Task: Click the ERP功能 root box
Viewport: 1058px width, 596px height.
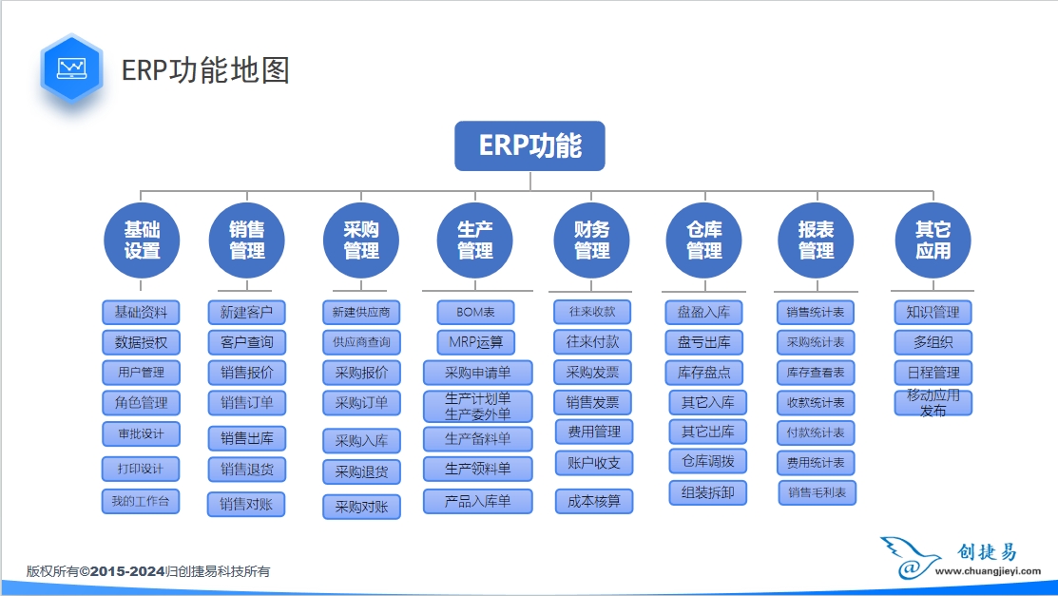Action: click(x=529, y=145)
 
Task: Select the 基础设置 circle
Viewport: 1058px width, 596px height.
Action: click(x=142, y=240)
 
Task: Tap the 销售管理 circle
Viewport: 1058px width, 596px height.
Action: click(x=247, y=240)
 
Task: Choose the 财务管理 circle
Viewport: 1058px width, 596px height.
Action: click(x=591, y=240)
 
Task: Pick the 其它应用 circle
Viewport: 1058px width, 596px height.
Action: click(x=933, y=240)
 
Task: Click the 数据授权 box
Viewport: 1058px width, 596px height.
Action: click(x=141, y=342)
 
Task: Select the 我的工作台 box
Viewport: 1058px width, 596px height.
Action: click(x=141, y=501)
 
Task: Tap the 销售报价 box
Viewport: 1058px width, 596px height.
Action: click(x=247, y=373)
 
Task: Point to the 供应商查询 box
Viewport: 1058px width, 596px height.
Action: click(x=361, y=342)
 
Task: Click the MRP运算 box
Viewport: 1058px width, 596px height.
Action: click(x=476, y=342)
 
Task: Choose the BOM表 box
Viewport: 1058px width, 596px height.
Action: click(x=476, y=312)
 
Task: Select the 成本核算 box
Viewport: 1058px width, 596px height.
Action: click(x=594, y=501)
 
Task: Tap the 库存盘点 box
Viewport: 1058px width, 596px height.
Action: click(x=704, y=372)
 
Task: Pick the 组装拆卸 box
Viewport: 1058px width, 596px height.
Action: click(x=707, y=492)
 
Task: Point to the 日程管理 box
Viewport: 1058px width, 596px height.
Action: click(x=933, y=372)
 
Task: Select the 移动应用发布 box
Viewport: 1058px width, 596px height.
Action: click(x=933, y=403)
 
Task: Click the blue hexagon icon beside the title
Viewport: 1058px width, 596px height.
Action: click(x=71, y=69)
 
